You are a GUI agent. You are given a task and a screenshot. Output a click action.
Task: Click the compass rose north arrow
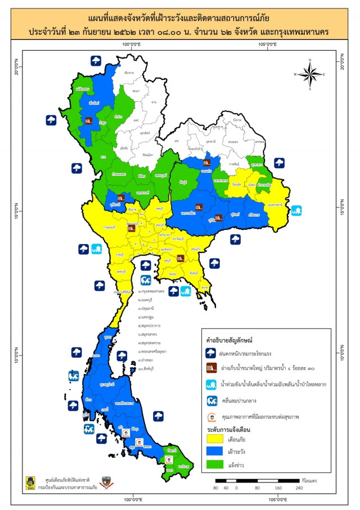(310, 62)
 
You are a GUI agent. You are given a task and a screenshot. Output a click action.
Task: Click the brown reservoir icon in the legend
(212, 368)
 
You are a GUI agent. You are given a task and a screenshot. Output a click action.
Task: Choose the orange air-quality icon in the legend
(212, 417)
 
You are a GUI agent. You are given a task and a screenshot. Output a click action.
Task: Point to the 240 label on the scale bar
(300, 488)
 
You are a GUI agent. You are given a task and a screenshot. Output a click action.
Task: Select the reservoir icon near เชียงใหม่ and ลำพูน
(89, 120)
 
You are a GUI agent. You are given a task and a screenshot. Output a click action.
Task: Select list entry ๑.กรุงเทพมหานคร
(151, 293)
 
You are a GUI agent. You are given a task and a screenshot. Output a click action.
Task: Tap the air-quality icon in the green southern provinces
(169, 459)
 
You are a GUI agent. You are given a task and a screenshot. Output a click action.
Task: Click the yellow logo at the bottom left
(29, 482)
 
